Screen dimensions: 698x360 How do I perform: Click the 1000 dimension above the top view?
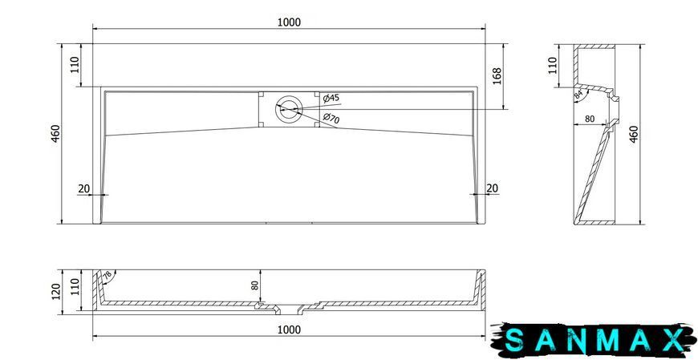click(289, 22)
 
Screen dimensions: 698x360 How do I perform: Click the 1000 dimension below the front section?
click(289, 330)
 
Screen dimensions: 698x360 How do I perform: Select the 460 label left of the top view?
click(55, 134)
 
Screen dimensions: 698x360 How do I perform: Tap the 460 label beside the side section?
click(634, 134)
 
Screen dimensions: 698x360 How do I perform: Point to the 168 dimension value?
click(497, 75)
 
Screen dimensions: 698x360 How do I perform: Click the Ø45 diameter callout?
click(331, 98)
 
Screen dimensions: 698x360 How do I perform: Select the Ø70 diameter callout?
click(331, 118)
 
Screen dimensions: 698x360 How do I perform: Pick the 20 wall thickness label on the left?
click(83, 188)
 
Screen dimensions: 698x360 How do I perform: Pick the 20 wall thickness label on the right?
click(492, 188)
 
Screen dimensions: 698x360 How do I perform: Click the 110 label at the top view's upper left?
click(75, 65)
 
